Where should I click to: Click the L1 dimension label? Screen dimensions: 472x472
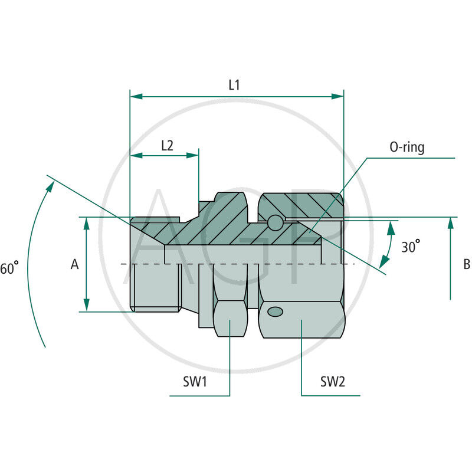pyautogui.click(x=234, y=85)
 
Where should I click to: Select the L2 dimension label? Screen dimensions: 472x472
pyautogui.click(x=167, y=145)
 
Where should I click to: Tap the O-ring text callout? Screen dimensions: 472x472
pyautogui.click(x=407, y=147)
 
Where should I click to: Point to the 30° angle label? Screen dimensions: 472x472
pyautogui.click(x=411, y=246)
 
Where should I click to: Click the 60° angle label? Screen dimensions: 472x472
pyautogui.click(x=10, y=268)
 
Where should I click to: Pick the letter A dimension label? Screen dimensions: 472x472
pyautogui.click(x=75, y=265)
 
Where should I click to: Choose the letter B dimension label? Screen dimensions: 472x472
pyautogui.click(x=466, y=264)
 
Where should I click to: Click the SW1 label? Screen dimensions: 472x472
pyautogui.click(x=194, y=381)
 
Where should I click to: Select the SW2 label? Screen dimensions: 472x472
pyautogui.click(x=332, y=381)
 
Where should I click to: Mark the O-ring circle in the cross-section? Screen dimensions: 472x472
pyautogui.click(x=275, y=223)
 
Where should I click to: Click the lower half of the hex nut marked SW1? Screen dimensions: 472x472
pyautogui.click(x=230, y=319)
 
